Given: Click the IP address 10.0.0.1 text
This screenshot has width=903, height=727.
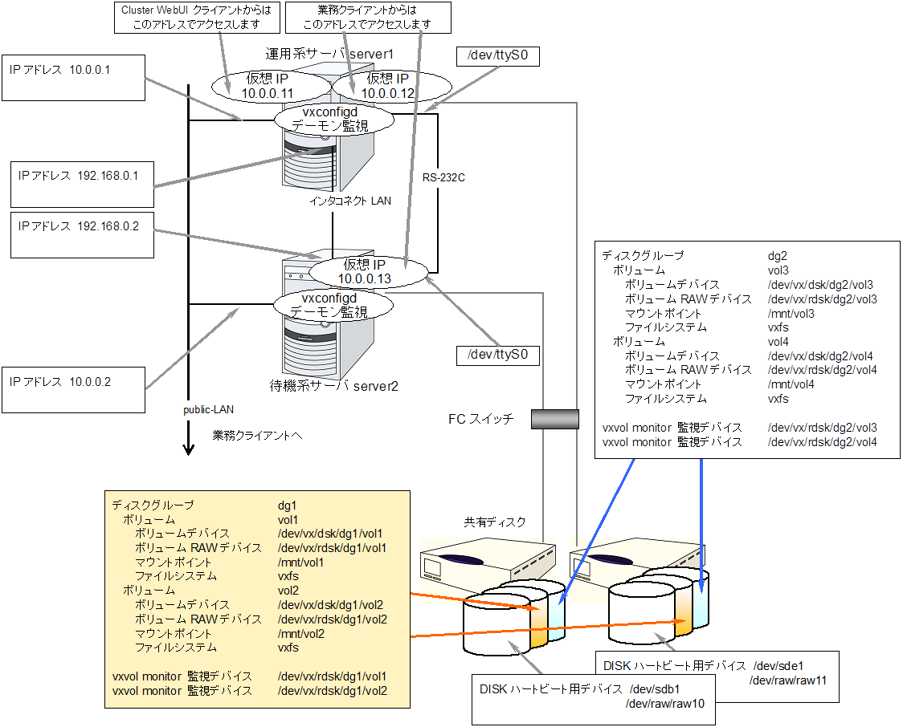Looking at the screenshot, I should pos(60,70).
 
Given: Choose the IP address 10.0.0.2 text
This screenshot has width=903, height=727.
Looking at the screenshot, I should pos(60,382).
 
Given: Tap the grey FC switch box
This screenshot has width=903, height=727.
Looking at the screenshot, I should pos(555,419).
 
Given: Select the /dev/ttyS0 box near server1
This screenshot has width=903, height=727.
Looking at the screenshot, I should pos(496,57).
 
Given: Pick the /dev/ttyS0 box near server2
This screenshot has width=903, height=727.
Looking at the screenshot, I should pos(496,354).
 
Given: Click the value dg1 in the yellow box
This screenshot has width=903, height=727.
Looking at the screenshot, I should pos(288,506).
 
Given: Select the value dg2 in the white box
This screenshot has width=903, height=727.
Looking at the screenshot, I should pos(778,255).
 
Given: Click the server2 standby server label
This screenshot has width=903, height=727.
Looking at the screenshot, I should pos(334,386).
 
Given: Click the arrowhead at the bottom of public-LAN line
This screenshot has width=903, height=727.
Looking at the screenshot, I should pos(189,449).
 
